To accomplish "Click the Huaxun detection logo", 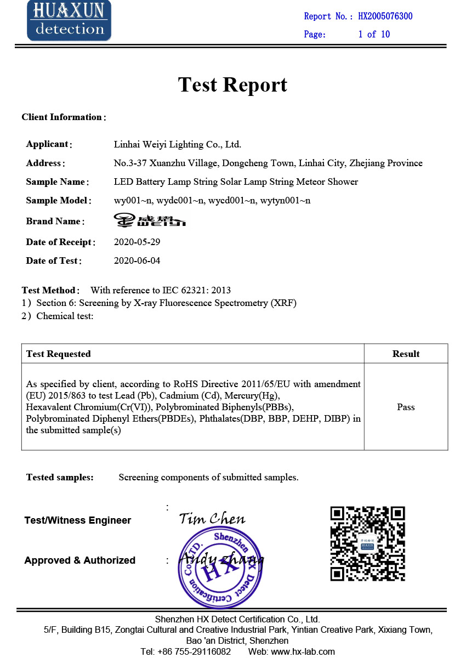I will pos(69,20).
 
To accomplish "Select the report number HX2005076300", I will pos(385,16).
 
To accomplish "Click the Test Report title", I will pos(232,84).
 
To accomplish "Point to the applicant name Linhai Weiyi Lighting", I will pos(177,145).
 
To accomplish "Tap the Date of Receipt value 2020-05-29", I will pos(137,242).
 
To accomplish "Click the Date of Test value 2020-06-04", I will pos(137,260).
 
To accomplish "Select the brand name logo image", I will pos(150,220).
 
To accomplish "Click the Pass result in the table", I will pos(406,407).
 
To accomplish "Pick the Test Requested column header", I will pos(59,354).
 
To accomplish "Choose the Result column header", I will pos(406,354).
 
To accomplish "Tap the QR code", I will pos(367,543).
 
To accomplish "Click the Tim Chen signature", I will pos(212,518).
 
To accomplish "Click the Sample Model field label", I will pos(58,201).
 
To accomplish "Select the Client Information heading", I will pos(62,117).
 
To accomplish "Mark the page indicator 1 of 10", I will pos(374,35).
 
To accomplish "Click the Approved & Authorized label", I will pos(79,560).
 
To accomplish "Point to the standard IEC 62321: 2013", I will pos(196,290).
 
